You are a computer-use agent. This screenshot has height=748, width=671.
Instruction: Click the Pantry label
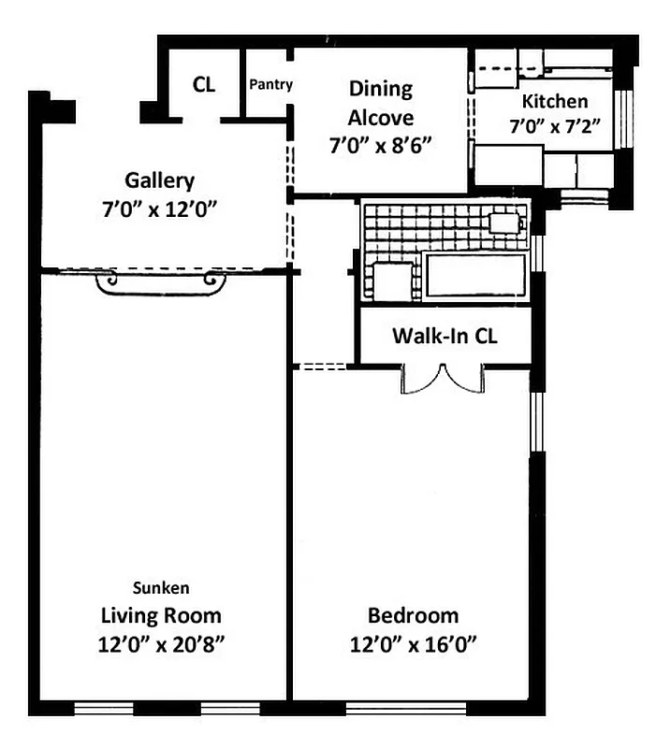point(271,84)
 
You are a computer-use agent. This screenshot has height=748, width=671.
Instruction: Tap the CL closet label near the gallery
point(204,84)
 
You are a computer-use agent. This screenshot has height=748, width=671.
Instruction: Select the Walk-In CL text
point(445,336)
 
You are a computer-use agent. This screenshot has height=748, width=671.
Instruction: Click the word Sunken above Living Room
point(162,588)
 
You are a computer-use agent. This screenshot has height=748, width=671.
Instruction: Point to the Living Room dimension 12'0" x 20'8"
point(162,643)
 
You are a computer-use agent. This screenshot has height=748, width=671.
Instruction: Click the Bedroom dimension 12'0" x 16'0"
point(413,643)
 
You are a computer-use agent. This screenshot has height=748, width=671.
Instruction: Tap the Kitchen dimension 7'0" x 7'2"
point(555,124)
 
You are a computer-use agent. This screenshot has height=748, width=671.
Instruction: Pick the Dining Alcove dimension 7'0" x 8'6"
point(380,146)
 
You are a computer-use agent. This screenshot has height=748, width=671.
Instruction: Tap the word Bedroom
point(413,615)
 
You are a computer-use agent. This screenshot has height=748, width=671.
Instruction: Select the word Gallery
point(159,180)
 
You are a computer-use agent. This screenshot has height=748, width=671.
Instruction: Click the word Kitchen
point(555,101)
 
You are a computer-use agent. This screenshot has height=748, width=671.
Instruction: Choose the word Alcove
point(380,118)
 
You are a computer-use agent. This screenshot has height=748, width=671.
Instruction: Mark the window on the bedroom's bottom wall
point(393,708)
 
